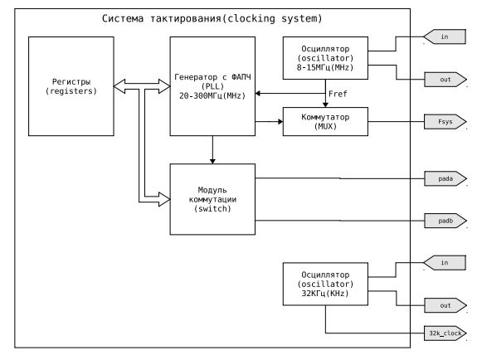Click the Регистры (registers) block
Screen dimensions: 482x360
71,86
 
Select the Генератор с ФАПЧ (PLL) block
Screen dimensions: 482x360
212,86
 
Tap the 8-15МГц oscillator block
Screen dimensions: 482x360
325,58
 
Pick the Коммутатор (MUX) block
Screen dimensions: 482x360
325,121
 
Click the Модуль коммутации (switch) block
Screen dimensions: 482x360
212,199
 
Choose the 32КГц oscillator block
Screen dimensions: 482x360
325,284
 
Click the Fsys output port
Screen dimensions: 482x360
445,122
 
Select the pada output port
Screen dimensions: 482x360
445,178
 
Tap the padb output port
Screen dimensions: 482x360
445,221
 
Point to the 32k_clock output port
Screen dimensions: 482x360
445,333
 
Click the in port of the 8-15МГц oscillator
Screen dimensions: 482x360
445,36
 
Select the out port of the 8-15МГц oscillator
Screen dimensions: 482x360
445,80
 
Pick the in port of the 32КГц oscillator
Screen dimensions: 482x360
445,263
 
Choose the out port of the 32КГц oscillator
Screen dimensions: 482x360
445,305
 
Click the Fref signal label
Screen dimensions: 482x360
338,94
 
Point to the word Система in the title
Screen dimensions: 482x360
123,18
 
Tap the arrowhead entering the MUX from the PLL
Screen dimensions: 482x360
280,122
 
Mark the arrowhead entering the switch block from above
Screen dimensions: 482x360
212,161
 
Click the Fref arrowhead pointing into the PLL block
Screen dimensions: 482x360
258,93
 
